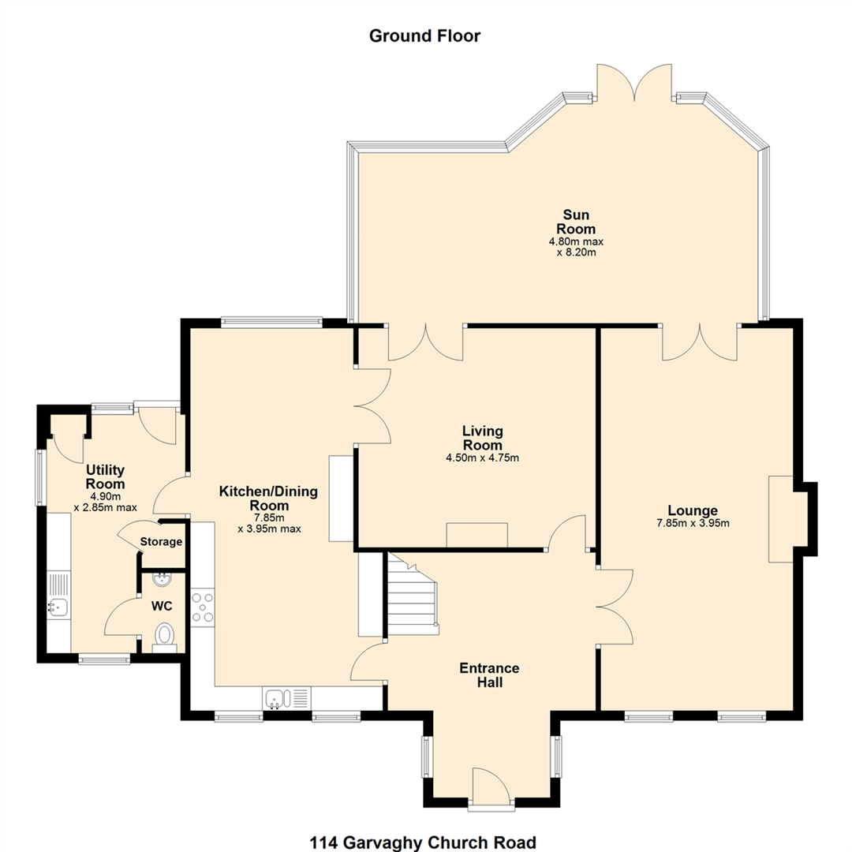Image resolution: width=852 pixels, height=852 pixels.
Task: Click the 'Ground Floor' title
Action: click(424, 35)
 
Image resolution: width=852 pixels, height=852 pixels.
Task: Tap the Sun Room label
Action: click(576, 222)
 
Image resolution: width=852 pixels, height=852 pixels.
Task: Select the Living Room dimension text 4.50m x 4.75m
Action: click(483, 458)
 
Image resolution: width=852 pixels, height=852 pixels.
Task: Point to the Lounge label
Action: click(693, 510)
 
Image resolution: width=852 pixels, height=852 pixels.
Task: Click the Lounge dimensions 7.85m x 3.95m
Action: click(693, 523)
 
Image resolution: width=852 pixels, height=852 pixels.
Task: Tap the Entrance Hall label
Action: click(490, 674)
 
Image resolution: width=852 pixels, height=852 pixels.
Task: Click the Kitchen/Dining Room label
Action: click(268, 499)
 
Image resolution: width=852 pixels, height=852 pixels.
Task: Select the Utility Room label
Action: click(106, 476)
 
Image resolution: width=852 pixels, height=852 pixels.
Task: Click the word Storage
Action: click(161, 542)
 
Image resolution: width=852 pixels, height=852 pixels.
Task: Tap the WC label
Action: click(162, 606)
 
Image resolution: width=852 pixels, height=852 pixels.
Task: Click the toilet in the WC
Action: click(164, 637)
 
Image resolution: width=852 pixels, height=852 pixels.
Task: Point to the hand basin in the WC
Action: click(163, 579)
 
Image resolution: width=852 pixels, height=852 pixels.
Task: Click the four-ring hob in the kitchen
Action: click(203, 607)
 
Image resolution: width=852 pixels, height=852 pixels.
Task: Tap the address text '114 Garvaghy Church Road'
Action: click(423, 843)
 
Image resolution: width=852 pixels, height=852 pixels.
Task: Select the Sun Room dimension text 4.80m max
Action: click(576, 241)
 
